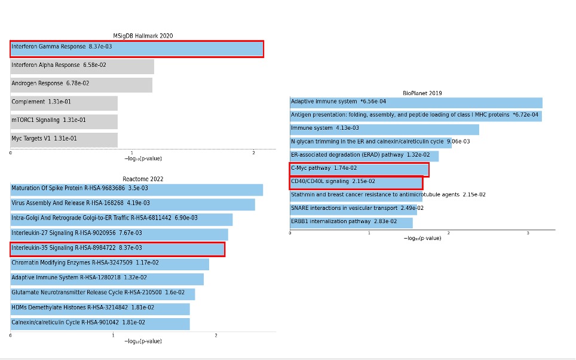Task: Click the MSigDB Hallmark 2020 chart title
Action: (143, 36)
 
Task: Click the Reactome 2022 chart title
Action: (143, 179)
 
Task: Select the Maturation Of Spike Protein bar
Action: (137, 190)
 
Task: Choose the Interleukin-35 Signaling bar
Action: (118, 249)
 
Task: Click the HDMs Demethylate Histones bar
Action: (100, 309)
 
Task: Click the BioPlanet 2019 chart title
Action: (422, 93)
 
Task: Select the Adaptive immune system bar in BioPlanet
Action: (416, 103)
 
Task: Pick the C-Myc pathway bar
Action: (359, 169)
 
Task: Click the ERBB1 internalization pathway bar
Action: (351, 222)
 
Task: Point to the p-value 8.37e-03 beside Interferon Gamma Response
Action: (100, 47)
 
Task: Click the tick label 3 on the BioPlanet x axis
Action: (528, 233)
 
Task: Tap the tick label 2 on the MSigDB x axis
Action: (253, 153)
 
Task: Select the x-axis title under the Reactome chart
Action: (143, 341)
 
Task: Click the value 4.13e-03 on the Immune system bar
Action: (347, 128)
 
